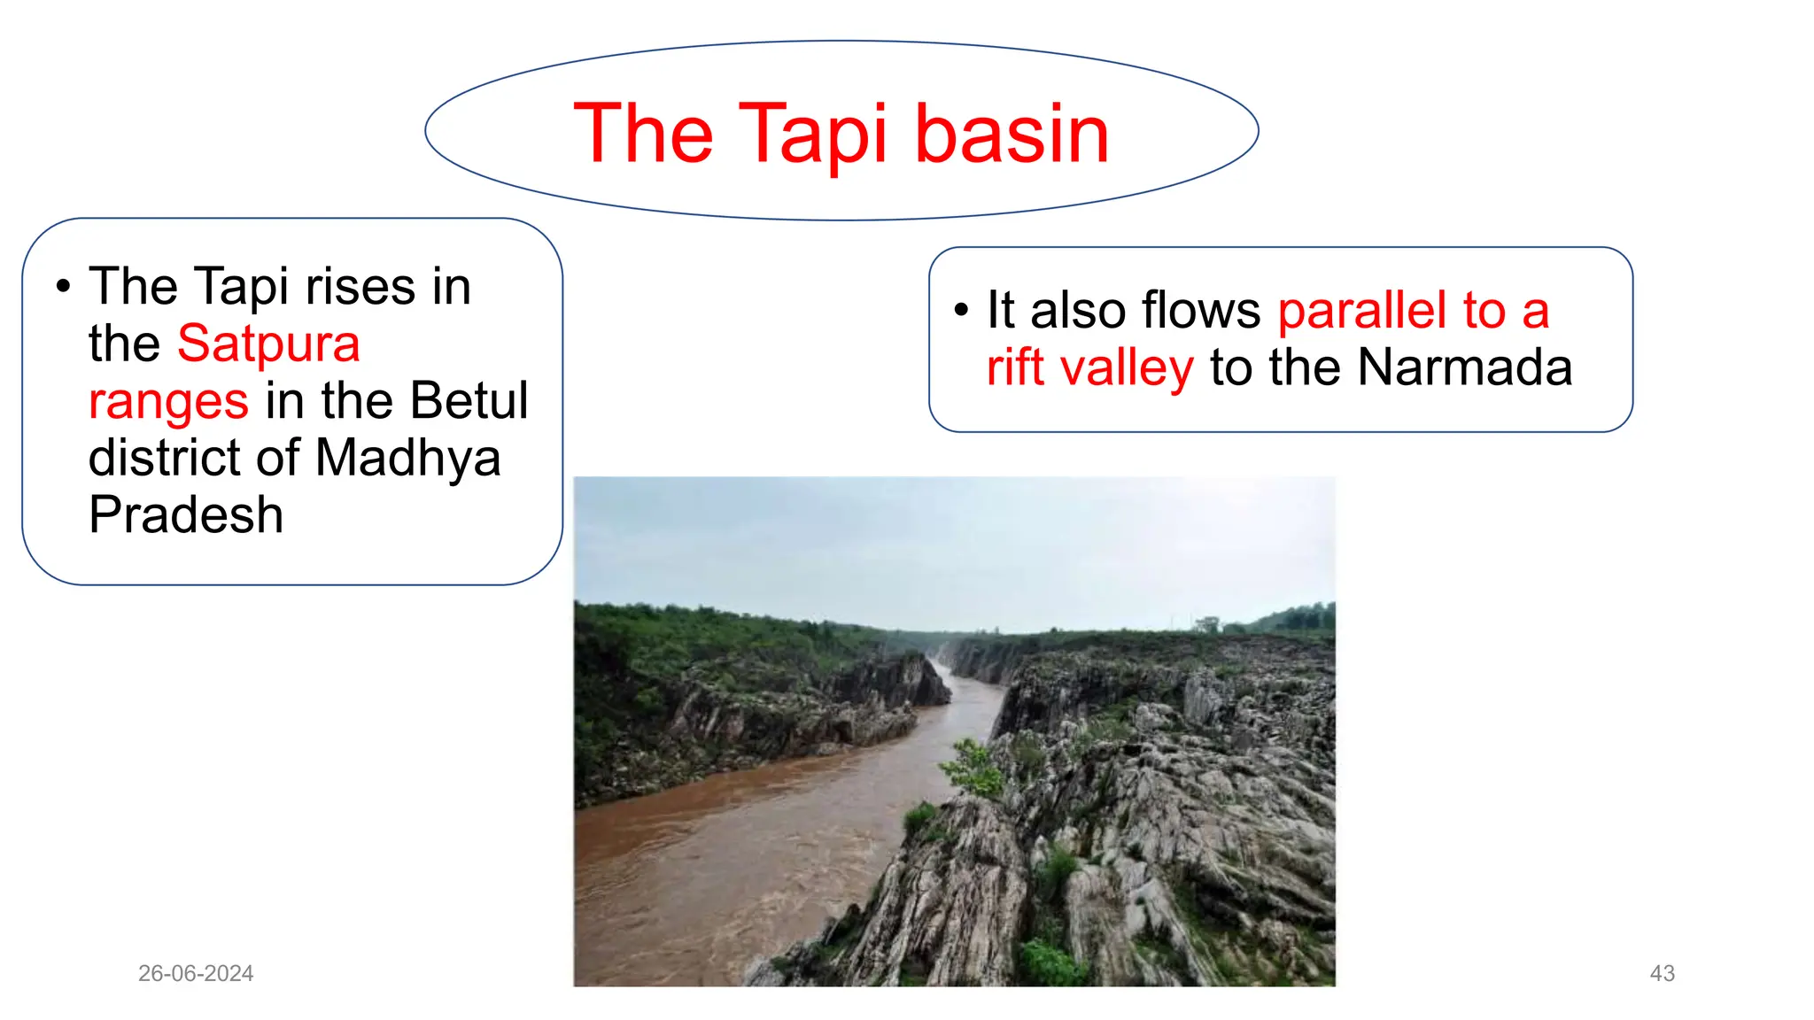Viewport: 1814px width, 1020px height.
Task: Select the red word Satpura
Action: click(268, 344)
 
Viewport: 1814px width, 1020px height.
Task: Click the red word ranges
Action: click(168, 401)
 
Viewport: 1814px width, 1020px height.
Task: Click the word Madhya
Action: click(407, 459)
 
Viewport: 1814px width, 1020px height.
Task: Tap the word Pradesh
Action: click(186, 515)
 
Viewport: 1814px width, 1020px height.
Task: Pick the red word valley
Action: click(1127, 367)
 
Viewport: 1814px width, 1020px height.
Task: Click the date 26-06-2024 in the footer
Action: click(196, 973)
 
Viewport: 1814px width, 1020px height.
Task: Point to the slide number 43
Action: click(1662, 973)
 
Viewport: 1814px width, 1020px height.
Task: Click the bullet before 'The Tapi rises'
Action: click(62, 287)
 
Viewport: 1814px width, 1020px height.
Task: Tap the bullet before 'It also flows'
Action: click(961, 311)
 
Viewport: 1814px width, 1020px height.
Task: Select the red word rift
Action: click(1015, 367)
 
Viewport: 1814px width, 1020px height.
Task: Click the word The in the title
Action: click(643, 134)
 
